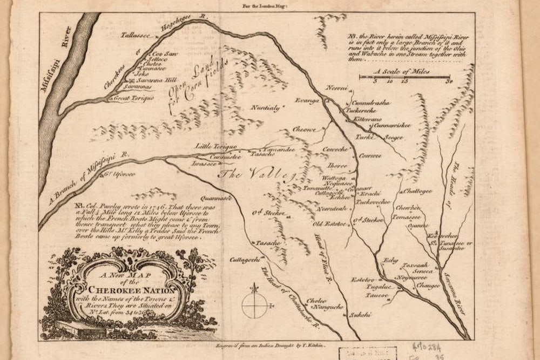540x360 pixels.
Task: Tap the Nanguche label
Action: pos(327,307)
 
